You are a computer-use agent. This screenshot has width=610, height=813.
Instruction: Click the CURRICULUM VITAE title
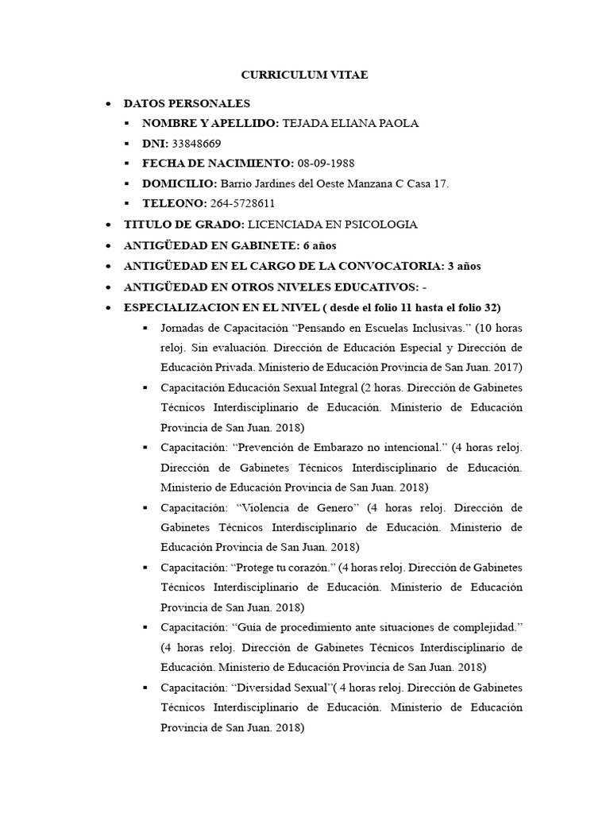click(x=305, y=75)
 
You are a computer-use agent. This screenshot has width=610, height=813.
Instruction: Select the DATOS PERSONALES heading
click(x=187, y=103)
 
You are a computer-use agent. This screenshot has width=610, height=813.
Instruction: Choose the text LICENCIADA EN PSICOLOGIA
click(x=332, y=225)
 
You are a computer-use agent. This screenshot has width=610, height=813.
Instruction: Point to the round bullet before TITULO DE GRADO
click(x=108, y=225)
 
